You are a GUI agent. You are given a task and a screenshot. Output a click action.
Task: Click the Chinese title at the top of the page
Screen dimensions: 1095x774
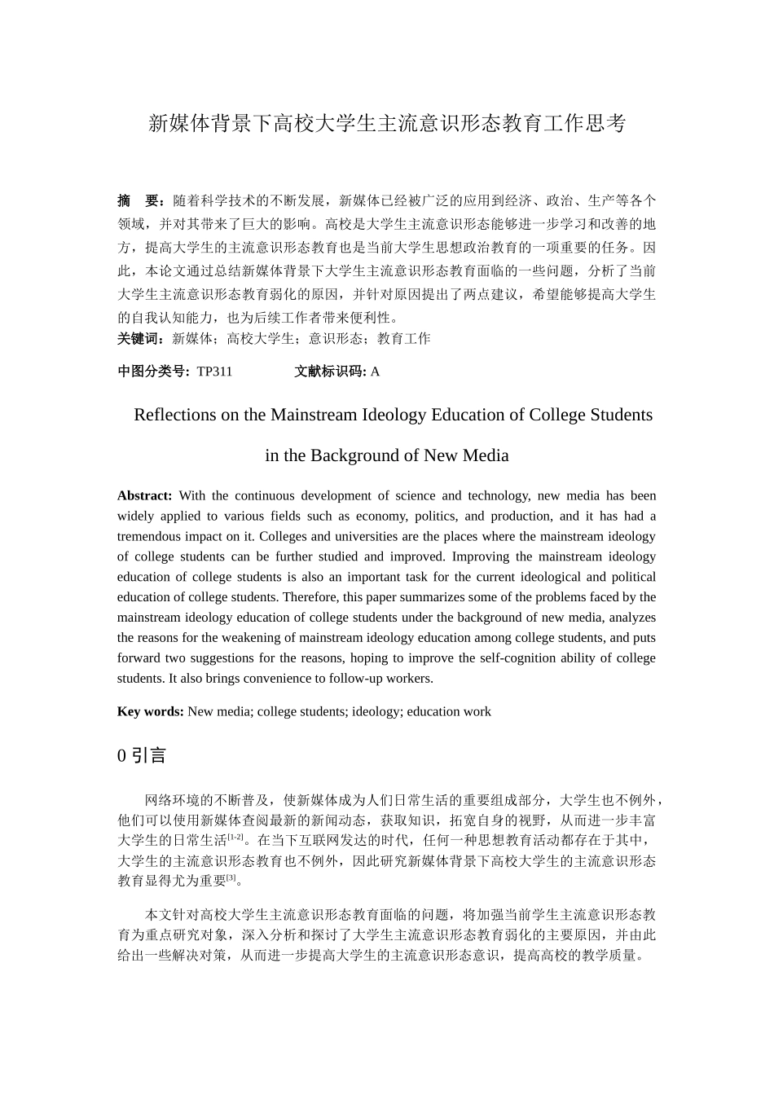387,124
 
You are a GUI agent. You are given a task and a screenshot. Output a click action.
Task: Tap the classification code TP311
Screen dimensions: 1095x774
214,372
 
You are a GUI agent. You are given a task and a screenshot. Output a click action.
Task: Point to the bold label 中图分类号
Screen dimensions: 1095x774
153,372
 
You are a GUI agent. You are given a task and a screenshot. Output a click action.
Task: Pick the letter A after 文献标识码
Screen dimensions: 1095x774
375,372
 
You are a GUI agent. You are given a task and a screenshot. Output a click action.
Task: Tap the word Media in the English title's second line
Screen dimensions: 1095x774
486,455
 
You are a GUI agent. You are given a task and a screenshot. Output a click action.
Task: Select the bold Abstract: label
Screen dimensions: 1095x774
144,495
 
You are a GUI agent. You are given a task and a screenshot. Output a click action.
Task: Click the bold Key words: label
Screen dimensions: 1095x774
150,711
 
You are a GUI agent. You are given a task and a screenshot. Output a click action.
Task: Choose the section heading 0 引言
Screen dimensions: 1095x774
142,755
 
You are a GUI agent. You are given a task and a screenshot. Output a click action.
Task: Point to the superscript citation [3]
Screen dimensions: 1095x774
231,877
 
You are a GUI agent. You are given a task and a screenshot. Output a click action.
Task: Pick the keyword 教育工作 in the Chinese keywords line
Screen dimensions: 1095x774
403,339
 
